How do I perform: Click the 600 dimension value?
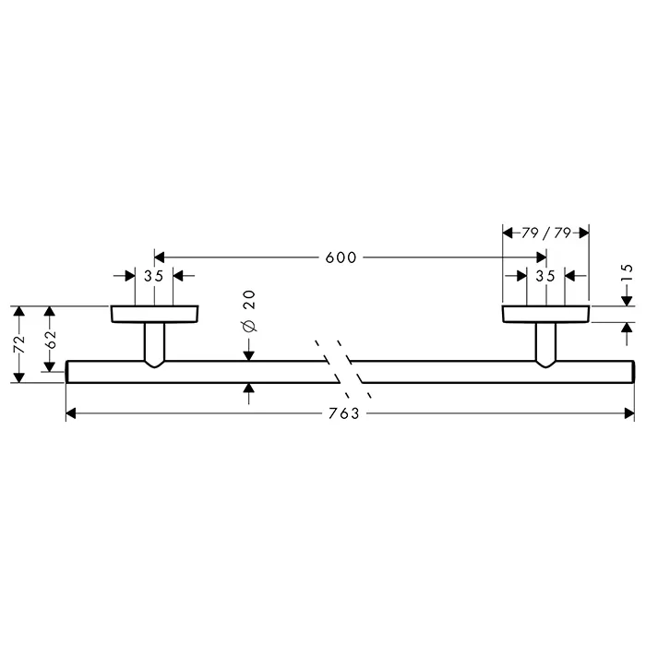click(341, 257)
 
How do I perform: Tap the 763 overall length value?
click(344, 413)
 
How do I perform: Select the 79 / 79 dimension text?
click(546, 233)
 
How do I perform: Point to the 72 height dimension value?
click(19, 344)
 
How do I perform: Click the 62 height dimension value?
click(50, 339)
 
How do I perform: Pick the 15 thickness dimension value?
click(626, 273)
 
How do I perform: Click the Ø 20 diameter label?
click(249, 312)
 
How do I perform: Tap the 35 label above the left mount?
click(154, 276)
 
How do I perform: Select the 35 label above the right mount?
click(545, 276)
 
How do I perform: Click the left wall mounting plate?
click(154, 314)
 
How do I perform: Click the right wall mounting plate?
click(546, 314)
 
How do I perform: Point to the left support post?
click(154, 344)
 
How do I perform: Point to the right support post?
click(546, 344)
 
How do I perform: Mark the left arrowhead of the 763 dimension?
click(71, 413)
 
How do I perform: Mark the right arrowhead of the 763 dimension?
click(629, 413)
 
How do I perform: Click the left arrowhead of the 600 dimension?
click(160, 257)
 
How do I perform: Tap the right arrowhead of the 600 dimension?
click(541, 257)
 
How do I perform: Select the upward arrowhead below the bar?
click(249, 389)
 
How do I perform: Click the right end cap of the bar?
click(633, 372)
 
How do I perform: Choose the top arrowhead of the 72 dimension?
click(19, 311)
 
